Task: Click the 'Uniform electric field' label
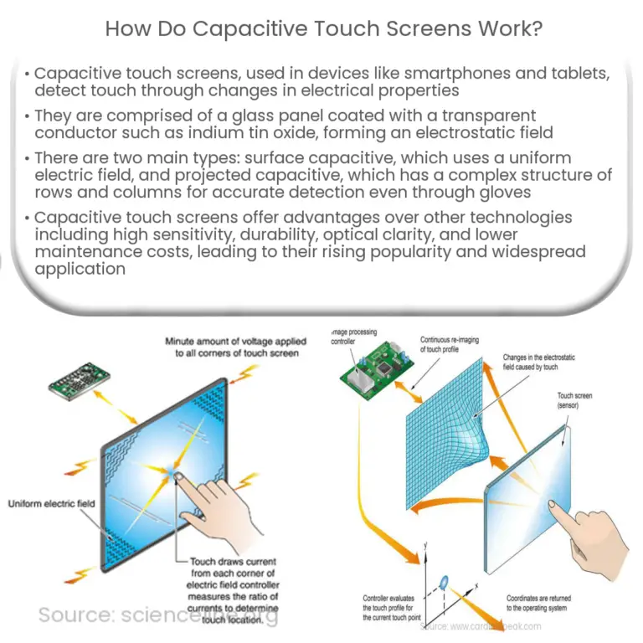[x=51, y=503]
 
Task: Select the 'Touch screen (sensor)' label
[x=576, y=402]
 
